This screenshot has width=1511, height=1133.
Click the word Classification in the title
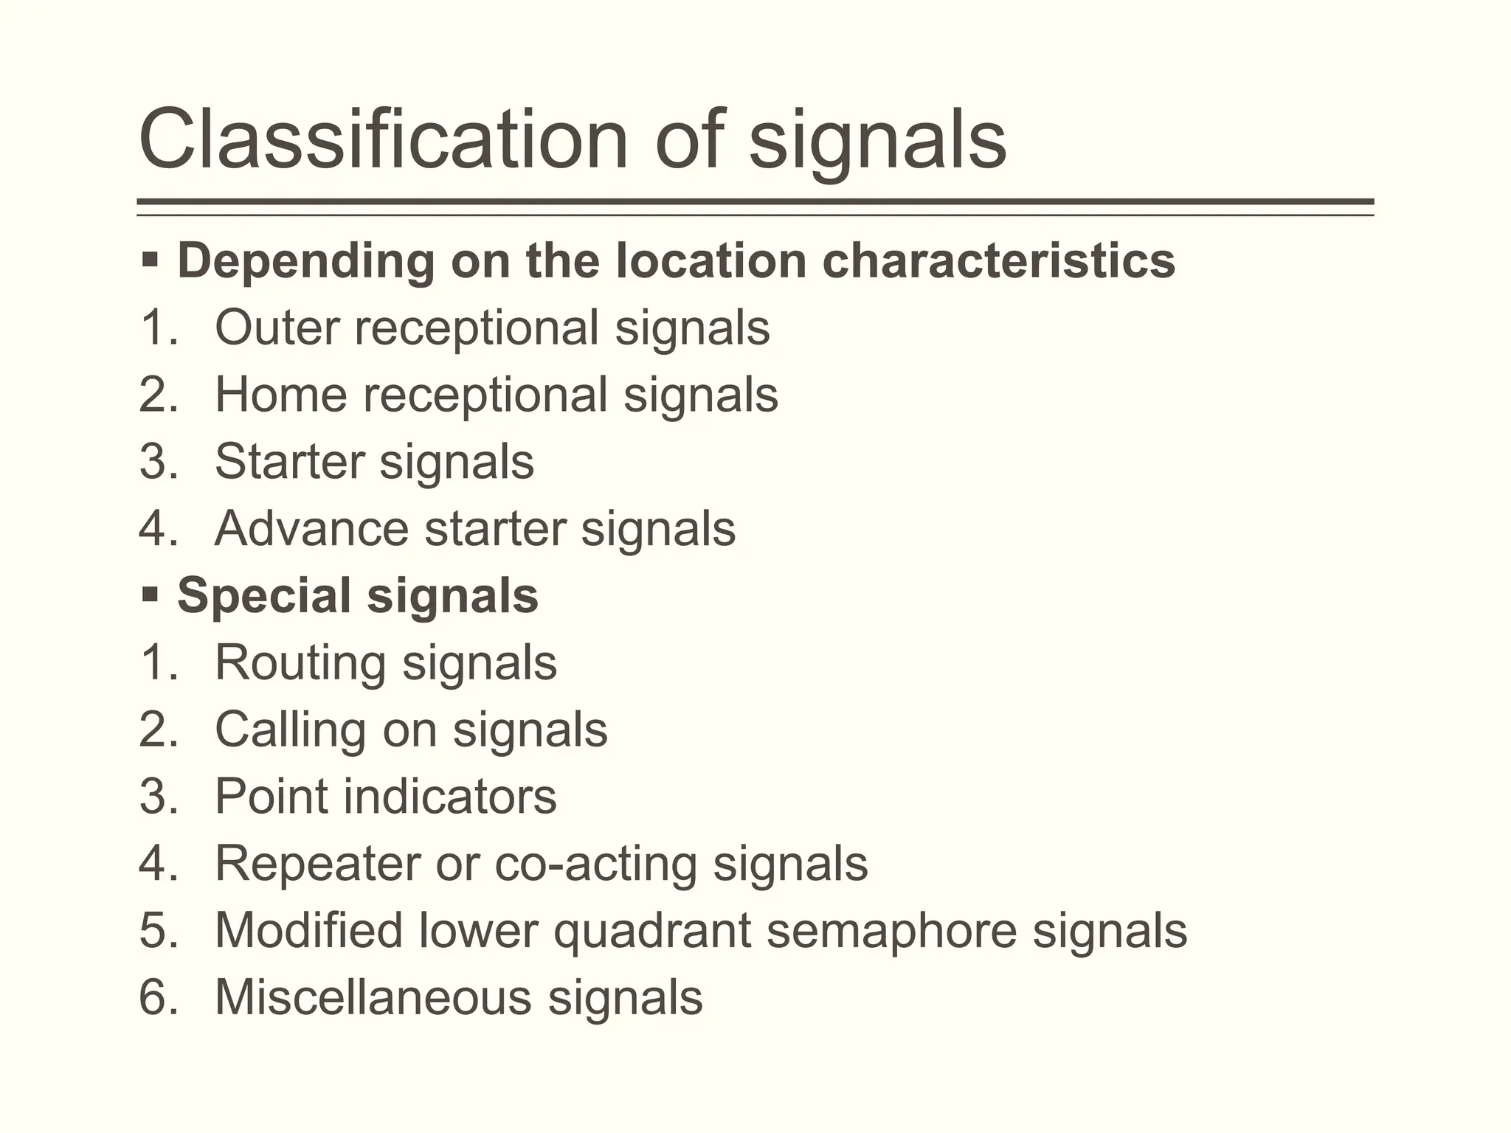click(x=383, y=139)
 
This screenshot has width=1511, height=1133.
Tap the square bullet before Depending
click(x=150, y=260)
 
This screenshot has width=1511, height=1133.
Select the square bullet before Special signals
click(x=150, y=595)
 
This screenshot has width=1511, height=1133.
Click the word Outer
click(x=277, y=327)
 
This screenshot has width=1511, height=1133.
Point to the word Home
click(x=281, y=394)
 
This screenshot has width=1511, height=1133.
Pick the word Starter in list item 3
click(x=289, y=461)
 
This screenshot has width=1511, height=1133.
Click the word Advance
click(x=311, y=528)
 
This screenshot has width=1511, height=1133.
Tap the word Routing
click(x=300, y=662)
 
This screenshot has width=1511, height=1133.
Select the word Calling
click(x=291, y=729)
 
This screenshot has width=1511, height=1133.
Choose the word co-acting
click(x=595, y=863)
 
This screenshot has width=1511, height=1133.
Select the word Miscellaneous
click(x=373, y=997)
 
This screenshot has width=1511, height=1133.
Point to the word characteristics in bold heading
click(x=999, y=260)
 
